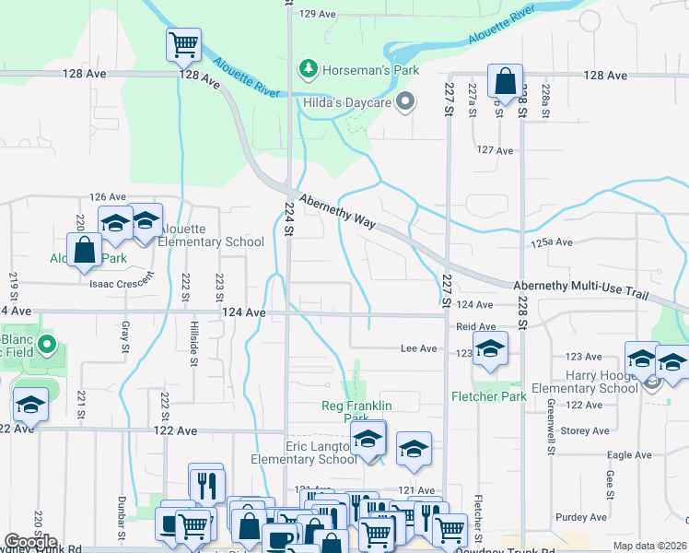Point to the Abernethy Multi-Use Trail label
click(580, 288)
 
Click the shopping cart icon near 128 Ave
click(183, 43)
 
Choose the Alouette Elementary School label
click(211, 235)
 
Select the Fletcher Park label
click(488, 396)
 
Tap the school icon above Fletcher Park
click(490, 349)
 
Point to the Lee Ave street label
click(418, 348)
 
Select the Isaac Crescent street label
click(119, 284)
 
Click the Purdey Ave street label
click(584, 518)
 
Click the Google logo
click(30, 542)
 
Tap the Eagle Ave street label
click(630, 455)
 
